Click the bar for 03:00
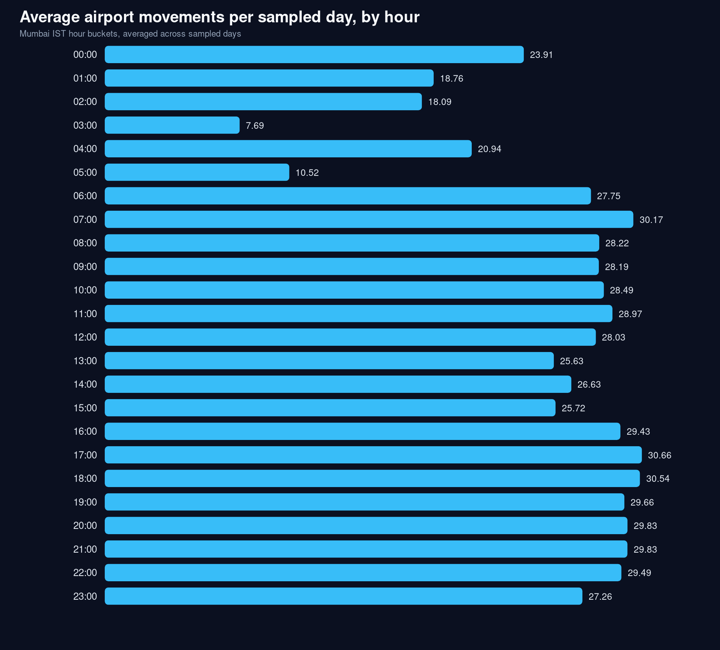tap(172, 125)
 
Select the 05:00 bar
tap(197, 172)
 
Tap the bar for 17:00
tap(373, 455)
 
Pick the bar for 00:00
tap(314, 55)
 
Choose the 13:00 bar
tap(329, 360)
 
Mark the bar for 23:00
tap(343, 596)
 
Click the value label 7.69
tap(255, 126)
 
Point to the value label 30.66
tap(659, 455)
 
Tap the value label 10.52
tap(307, 173)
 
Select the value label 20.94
tap(489, 149)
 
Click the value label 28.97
tap(630, 314)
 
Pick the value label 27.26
tap(600, 597)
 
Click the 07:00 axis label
tap(85, 219)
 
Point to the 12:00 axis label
tap(85, 337)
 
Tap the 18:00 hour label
tap(85, 478)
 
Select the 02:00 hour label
tap(85, 102)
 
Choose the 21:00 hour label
tap(85, 549)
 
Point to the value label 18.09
tap(440, 102)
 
